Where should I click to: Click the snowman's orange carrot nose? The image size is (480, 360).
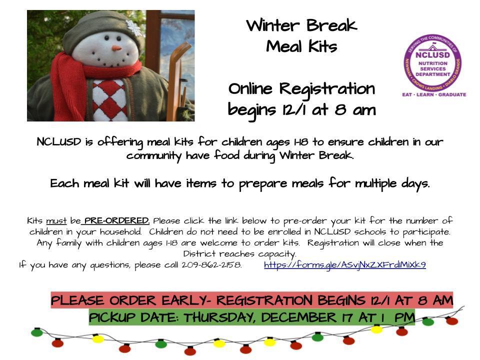pyautogui.click(x=116, y=48)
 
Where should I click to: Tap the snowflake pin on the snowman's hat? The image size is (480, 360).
pyautogui.click(x=134, y=28)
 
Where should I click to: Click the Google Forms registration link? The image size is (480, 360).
pyautogui.click(x=344, y=265)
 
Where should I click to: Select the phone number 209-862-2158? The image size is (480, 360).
pyautogui.click(x=211, y=265)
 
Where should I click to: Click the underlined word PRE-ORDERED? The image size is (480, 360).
pyautogui.click(x=117, y=220)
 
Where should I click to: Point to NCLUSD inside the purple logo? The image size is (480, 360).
pyautogui.click(x=432, y=55)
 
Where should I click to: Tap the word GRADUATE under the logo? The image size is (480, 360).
pyautogui.click(x=452, y=94)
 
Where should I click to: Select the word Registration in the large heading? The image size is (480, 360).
pyautogui.click(x=327, y=89)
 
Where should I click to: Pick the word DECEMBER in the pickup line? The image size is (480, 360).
pyautogui.click(x=299, y=317)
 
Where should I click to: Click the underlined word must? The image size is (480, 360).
pyautogui.click(x=56, y=221)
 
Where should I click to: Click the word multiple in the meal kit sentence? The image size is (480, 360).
pyautogui.click(x=375, y=184)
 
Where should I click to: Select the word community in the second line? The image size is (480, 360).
pyautogui.click(x=154, y=156)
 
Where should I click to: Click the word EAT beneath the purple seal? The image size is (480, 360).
pyautogui.click(x=407, y=94)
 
